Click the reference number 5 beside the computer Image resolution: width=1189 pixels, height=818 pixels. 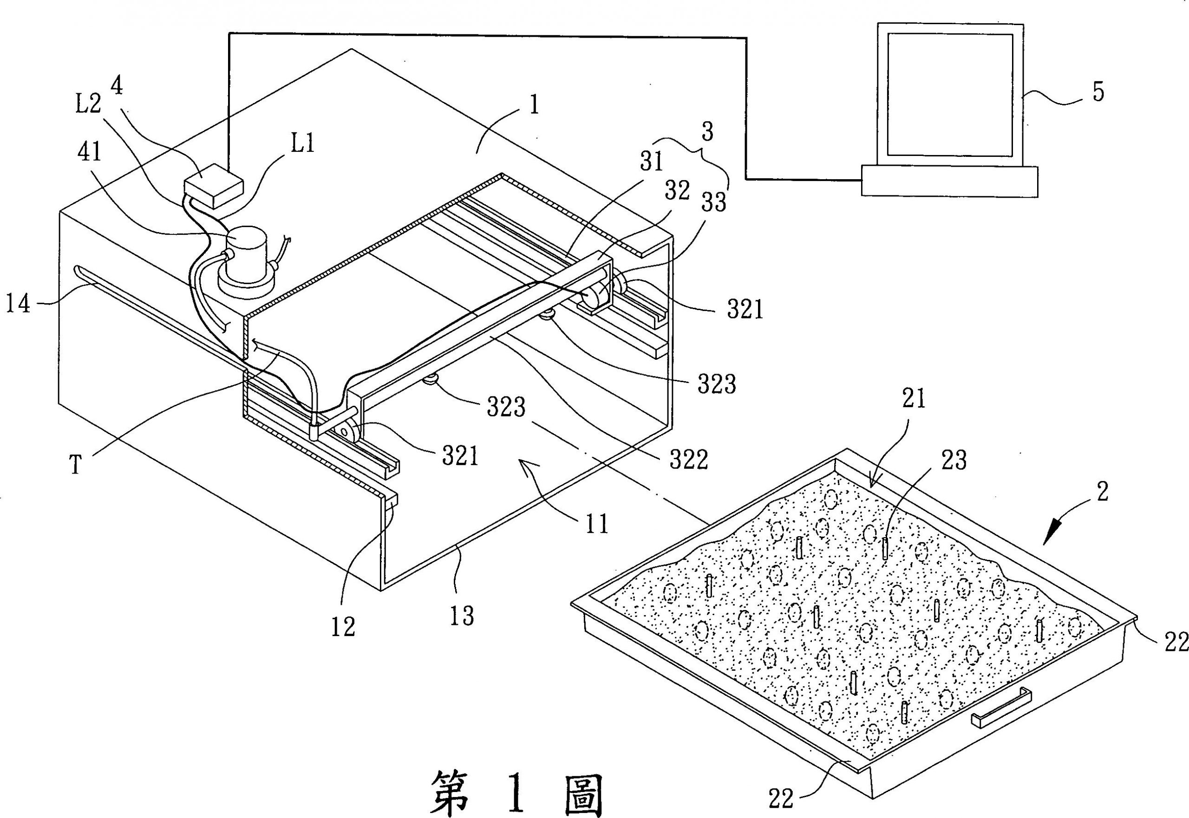1098,93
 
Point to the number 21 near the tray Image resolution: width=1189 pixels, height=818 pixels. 913,399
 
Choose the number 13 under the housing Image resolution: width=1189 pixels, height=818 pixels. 462,616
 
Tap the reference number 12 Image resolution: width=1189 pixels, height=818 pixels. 343,626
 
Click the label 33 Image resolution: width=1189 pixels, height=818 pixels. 714,203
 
